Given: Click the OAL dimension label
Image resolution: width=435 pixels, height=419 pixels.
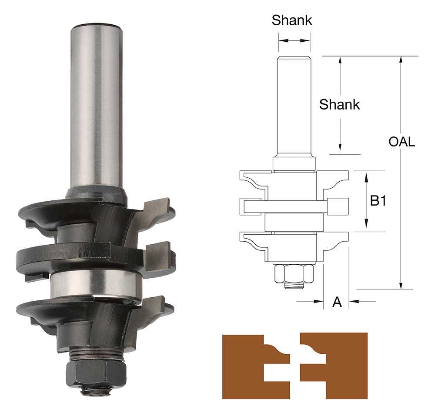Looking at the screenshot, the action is (x=402, y=142).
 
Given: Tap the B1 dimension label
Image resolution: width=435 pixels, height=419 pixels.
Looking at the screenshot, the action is (x=378, y=200).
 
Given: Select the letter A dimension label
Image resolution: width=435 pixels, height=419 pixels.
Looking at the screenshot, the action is (x=337, y=302).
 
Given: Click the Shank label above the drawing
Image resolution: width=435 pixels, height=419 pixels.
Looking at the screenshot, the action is (x=292, y=20).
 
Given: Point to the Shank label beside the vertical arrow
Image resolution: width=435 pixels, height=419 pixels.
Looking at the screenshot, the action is (x=339, y=104).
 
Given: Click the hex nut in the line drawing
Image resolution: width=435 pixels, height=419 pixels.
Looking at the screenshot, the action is (x=294, y=274).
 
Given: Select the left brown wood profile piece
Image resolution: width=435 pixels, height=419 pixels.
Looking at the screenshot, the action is (x=256, y=367).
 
